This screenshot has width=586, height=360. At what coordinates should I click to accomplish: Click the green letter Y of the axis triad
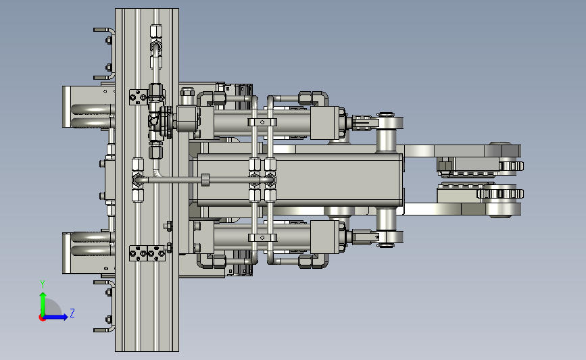(43, 284)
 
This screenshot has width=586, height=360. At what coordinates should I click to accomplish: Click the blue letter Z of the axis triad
(72, 313)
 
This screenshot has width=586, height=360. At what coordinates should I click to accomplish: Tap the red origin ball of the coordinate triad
(42, 317)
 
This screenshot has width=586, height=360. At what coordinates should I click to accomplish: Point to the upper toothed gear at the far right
(511, 166)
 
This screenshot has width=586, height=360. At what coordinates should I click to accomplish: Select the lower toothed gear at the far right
(500, 193)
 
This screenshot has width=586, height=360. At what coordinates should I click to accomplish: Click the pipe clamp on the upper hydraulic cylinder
(262, 122)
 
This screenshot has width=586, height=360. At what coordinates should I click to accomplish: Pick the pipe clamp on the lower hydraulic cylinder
(262, 238)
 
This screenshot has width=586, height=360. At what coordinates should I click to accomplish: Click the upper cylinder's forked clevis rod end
(365, 122)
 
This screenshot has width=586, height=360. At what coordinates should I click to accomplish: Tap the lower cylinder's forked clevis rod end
(365, 236)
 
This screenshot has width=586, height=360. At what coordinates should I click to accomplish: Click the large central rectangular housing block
(299, 180)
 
